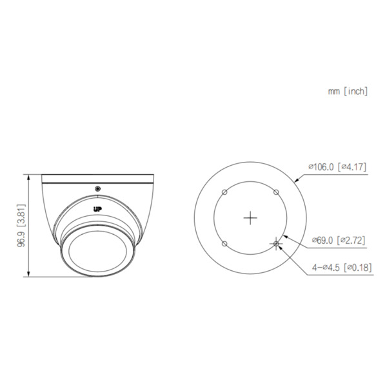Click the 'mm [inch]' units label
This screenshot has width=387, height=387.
(x=348, y=92)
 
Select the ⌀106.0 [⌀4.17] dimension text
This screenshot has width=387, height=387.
(x=338, y=166)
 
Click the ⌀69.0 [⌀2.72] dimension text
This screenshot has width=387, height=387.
(x=338, y=240)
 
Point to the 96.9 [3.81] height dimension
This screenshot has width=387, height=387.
(x=21, y=227)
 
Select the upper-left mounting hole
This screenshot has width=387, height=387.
(x=224, y=192)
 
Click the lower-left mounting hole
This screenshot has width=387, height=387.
(x=224, y=244)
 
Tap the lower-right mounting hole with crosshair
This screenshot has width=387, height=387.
(x=277, y=244)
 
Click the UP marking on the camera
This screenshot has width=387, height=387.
(x=97, y=208)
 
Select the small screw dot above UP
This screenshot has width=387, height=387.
(x=97, y=188)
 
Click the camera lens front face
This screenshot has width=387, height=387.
(x=97, y=252)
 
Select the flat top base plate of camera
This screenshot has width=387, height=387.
(x=97, y=177)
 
